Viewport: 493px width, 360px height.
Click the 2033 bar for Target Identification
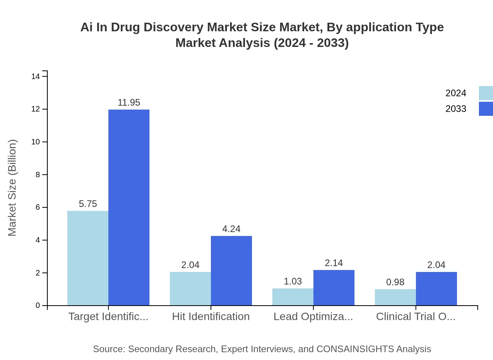click(x=129, y=207)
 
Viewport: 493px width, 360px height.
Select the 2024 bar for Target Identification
click(x=88, y=258)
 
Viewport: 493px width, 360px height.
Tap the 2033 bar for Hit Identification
click(x=231, y=271)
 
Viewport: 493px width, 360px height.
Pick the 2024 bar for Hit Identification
click(x=190, y=289)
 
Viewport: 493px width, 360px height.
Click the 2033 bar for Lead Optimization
click(x=334, y=288)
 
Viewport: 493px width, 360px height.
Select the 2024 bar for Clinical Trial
click(x=395, y=297)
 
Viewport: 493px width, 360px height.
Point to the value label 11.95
click(x=129, y=103)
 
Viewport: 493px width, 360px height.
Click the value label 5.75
click(x=88, y=204)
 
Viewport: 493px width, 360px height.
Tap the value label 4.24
click(x=231, y=229)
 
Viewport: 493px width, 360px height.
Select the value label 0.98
click(x=395, y=282)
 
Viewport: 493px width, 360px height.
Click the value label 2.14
click(x=334, y=263)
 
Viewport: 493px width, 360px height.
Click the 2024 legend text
click(x=456, y=93)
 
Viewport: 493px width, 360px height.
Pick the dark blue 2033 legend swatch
click(x=486, y=109)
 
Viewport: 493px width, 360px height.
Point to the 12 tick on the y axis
click(x=38, y=109)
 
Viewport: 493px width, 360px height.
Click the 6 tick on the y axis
click(x=38, y=207)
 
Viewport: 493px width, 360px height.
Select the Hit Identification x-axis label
click(x=211, y=317)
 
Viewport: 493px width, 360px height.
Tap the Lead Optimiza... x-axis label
click(x=313, y=317)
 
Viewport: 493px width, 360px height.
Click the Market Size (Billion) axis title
click(x=13, y=188)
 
